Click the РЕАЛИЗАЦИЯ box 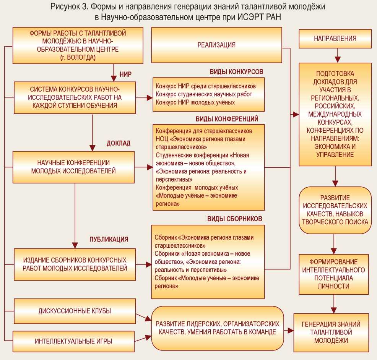pyautogui.click(x=216, y=45)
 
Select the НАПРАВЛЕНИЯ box pyautogui.click(x=335, y=39)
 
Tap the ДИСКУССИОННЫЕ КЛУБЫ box pyautogui.click(x=75, y=311)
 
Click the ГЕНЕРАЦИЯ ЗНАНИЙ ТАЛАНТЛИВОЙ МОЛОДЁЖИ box pyautogui.click(x=331, y=332)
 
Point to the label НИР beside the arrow pyautogui.click(x=125, y=74)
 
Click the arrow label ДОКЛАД pyautogui.click(x=118, y=143)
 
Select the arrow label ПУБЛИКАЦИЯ pyautogui.click(x=109, y=239)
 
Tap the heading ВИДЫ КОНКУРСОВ pyautogui.click(x=236, y=72)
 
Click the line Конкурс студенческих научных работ pyautogui.click(x=204, y=94)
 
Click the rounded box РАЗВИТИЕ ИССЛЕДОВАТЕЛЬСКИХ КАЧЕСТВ pyautogui.click(x=335, y=210)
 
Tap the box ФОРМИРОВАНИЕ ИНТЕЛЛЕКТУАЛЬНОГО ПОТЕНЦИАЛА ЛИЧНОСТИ pyautogui.click(x=334, y=274)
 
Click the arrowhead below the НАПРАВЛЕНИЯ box pyautogui.click(x=337, y=59)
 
